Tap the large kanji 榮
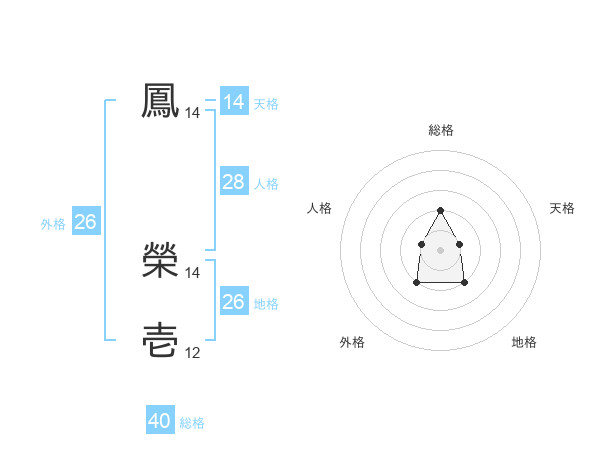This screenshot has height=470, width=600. click(x=160, y=260)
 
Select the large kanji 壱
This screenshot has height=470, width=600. click(x=160, y=340)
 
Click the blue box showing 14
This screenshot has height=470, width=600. click(x=233, y=102)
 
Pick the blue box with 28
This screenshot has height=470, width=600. click(x=233, y=182)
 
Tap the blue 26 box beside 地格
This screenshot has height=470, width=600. click(x=233, y=302)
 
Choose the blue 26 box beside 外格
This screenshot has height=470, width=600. click(x=85, y=222)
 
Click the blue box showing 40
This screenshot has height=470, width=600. click(x=159, y=421)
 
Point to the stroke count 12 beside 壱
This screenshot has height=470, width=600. click(x=192, y=352)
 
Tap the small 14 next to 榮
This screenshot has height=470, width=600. click(x=192, y=272)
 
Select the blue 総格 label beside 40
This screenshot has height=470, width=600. click(x=192, y=423)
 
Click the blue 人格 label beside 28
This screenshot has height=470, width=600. click(x=266, y=184)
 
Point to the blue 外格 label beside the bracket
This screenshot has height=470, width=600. click(x=53, y=224)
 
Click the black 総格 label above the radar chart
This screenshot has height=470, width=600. click(x=440, y=130)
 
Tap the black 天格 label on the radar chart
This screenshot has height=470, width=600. click(x=562, y=208)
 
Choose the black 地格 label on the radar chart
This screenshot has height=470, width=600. click(x=524, y=342)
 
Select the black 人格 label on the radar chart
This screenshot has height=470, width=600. click(x=319, y=208)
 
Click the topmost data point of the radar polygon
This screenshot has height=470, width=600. click(x=440, y=210)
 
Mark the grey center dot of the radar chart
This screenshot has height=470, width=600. click(x=440, y=248)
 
